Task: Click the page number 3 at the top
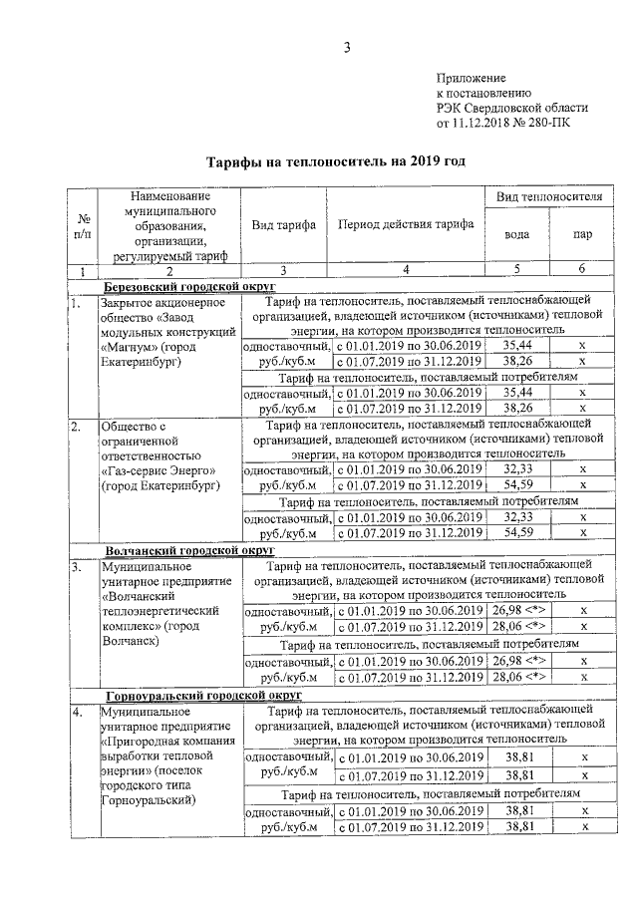pos(347,47)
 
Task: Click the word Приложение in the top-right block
pos(472,77)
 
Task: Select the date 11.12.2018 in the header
pos(482,124)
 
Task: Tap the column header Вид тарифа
pos(283,225)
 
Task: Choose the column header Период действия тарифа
pos(406,225)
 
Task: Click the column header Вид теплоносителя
pos(549,198)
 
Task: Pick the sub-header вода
pos(516,237)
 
